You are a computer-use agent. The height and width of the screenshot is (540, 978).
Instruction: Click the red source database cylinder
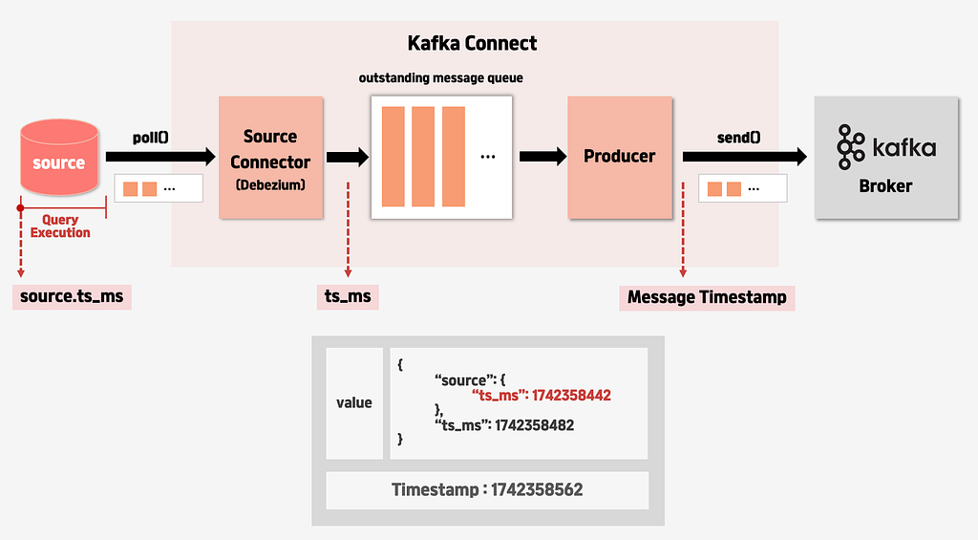coord(59,158)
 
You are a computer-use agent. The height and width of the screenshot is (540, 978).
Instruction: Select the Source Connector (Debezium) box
coord(270,158)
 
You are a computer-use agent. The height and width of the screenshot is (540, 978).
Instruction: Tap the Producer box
coord(620,158)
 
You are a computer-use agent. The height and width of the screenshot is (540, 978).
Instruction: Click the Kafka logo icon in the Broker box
coord(851,147)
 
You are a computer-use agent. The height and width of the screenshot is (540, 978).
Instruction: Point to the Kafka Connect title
coord(472,43)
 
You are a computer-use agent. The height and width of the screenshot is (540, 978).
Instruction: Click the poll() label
coord(150,138)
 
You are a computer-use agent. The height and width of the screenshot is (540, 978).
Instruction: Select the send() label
coord(738,138)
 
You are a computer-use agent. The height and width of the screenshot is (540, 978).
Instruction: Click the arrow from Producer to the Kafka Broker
coord(745,156)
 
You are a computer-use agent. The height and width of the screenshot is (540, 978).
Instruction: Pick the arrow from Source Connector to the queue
coord(348,156)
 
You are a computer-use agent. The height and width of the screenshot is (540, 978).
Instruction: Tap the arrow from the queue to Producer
coord(542,156)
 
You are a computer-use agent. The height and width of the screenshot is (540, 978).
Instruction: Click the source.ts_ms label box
coord(72,296)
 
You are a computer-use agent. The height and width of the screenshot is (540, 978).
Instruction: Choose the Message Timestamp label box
coord(707,297)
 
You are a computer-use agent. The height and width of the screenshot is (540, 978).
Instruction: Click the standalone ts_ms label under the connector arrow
coord(348,296)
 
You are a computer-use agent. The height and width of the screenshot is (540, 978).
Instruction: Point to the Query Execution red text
coord(60,226)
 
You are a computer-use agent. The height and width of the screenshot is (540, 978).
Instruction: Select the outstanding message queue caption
coord(441,78)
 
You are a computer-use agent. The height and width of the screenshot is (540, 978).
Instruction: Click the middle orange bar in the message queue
coord(423,157)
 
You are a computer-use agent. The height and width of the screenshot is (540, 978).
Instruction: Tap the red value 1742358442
coord(571,395)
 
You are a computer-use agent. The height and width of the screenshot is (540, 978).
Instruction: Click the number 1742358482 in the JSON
coord(535,425)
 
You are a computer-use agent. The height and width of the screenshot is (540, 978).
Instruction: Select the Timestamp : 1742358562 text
coord(487,489)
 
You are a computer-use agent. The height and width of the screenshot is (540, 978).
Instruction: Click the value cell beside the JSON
coord(354,403)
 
